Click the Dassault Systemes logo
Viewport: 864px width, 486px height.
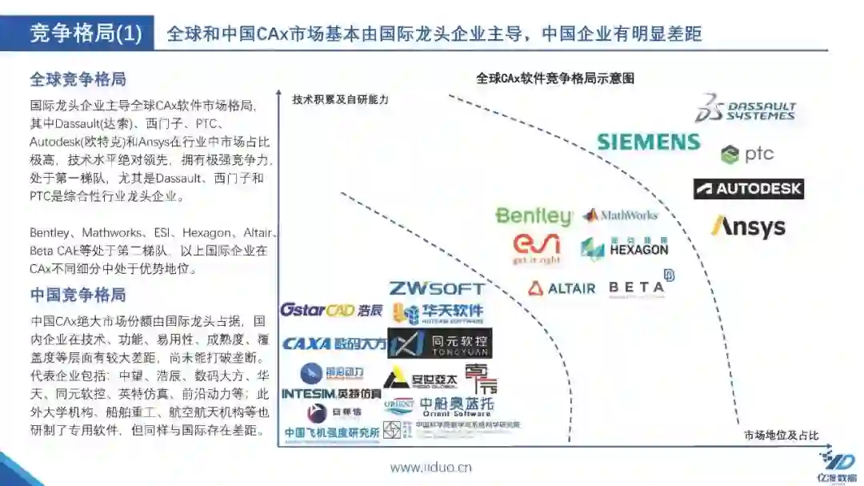(745, 108)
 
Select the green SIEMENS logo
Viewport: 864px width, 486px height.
(648, 143)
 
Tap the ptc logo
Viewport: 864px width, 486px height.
(747, 155)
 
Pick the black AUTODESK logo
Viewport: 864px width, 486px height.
(748, 189)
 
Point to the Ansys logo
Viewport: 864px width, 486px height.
(748, 226)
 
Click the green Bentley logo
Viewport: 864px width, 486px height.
(534, 216)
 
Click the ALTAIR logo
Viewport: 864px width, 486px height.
(562, 287)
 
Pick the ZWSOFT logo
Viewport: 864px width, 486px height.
(436, 288)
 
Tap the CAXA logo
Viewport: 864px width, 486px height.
(334, 343)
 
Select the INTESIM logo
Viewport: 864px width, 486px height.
(331, 393)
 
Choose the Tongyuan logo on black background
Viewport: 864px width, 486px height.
(439, 343)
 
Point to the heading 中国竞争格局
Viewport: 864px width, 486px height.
(78, 295)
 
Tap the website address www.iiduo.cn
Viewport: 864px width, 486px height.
(430, 468)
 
